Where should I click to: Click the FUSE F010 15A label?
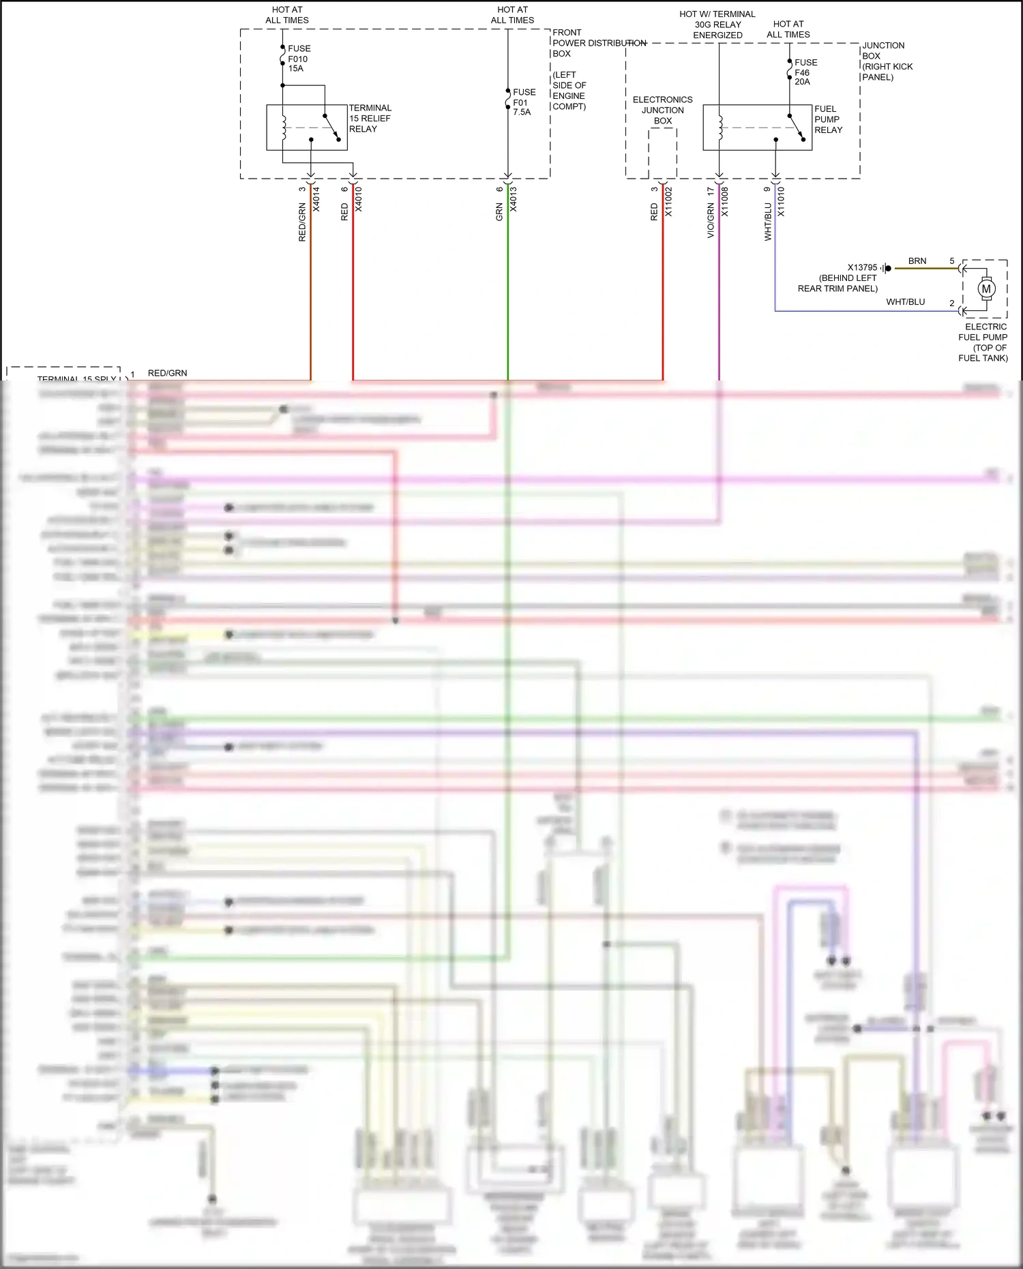point(299,59)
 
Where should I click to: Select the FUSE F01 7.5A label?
point(524,102)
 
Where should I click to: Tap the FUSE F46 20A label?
point(805,72)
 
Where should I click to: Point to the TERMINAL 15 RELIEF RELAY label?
point(370,119)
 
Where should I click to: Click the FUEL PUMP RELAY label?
point(828,119)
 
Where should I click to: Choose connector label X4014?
point(316,199)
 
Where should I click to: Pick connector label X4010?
point(359,199)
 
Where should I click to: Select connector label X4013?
point(514,199)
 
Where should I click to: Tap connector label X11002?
point(668,202)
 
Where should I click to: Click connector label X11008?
point(725,202)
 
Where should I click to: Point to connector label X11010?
point(781,202)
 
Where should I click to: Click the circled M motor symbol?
point(985,289)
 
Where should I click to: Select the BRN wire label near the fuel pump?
point(917,261)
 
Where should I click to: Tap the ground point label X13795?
point(862,267)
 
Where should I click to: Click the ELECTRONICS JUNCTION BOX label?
point(662,110)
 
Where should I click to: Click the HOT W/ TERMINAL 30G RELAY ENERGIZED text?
point(717,25)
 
